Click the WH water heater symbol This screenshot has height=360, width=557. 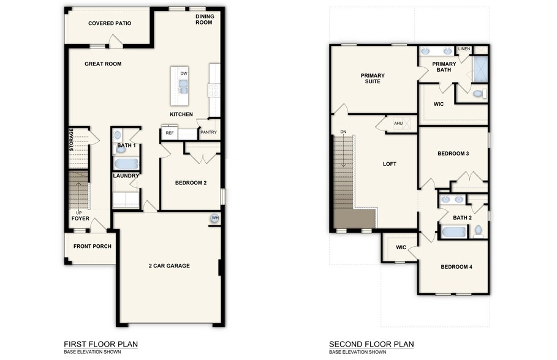pyautogui.click(x=215, y=219)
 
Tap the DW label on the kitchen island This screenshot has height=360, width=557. pyautogui.click(x=183, y=74)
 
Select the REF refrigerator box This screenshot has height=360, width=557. pyautogui.click(x=169, y=133)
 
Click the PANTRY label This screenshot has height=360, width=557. pyautogui.click(x=208, y=132)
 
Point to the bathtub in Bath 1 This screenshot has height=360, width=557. pyautogui.click(x=126, y=164)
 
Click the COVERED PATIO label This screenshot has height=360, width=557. pyautogui.click(x=110, y=23)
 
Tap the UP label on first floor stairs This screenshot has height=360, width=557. pyautogui.click(x=79, y=212)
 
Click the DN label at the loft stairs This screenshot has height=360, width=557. pyautogui.click(x=343, y=132)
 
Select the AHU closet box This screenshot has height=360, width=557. pyautogui.click(x=398, y=124)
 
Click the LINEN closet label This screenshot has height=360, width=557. pyautogui.click(x=464, y=49)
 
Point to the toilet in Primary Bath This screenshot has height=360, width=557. pyautogui.click(x=479, y=94)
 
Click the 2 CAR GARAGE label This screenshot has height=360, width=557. pyautogui.click(x=169, y=266)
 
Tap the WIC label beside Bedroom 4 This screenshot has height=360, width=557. pyautogui.click(x=401, y=247)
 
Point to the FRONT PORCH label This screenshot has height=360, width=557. pyautogui.click(x=93, y=246)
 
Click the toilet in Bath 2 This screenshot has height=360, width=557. pyautogui.click(x=478, y=231)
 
